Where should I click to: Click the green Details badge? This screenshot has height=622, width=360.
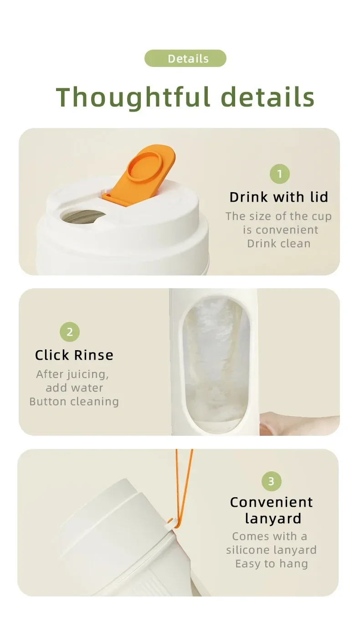coord(185,58)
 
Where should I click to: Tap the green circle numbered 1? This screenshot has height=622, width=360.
coord(280,174)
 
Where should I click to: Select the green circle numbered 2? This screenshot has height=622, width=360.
coord(70,332)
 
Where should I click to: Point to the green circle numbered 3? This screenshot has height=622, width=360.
coord(271,481)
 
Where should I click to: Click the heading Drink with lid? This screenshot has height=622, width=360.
coord(279,197)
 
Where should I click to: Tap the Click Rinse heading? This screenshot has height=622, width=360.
coord(74,355)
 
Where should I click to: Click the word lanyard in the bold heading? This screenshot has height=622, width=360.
coord(273,519)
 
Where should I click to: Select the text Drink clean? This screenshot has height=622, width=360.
coord(279,244)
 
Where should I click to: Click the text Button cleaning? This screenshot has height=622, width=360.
coord(74,402)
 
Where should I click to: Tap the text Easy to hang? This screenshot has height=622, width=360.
coord(272,564)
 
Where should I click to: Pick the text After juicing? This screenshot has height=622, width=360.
coord(72,374)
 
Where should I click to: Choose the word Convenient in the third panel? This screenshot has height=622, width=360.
coord(272,502)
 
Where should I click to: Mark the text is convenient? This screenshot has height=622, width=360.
coord(281,230)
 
